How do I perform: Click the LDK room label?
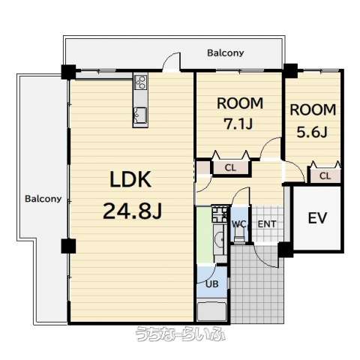click(x=130, y=179)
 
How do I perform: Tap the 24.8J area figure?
click(x=133, y=211)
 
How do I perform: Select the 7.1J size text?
click(x=238, y=124)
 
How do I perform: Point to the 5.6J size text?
click(x=312, y=132)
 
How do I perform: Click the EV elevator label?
click(x=317, y=217)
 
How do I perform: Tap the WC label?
click(x=239, y=223)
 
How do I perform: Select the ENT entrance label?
click(x=267, y=224)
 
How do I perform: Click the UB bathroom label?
click(x=212, y=283)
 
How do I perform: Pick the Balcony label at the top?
click(x=226, y=53)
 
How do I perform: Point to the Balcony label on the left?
click(x=43, y=199)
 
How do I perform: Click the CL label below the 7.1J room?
click(x=230, y=168)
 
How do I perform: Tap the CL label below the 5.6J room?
click(x=325, y=176)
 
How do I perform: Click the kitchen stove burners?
click(x=140, y=82)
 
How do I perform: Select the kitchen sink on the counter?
click(x=140, y=115)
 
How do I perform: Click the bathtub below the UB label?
click(x=211, y=311)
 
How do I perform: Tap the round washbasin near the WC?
click(x=220, y=239)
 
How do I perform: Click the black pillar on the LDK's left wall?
click(x=68, y=246)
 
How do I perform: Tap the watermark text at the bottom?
click(x=181, y=334)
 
